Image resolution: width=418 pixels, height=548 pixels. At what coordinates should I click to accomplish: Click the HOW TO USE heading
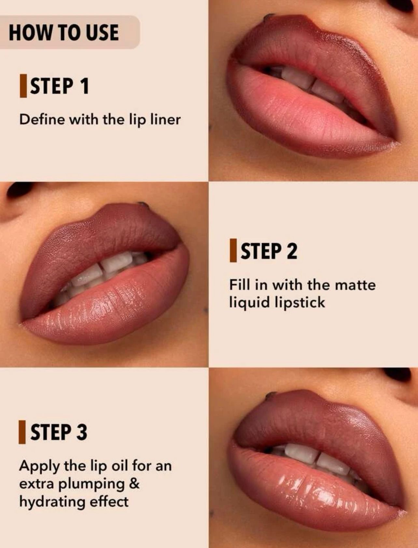click(x=64, y=33)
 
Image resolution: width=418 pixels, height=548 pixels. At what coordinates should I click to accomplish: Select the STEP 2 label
click(x=269, y=251)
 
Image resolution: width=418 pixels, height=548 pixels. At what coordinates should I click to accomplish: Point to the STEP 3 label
click(x=59, y=432)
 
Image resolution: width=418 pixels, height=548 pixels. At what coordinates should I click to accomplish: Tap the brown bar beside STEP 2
click(x=233, y=251)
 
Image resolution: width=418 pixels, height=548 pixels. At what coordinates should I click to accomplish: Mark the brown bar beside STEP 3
click(x=22, y=432)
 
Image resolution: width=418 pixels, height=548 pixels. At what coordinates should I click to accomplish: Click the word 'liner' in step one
click(x=165, y=119)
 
